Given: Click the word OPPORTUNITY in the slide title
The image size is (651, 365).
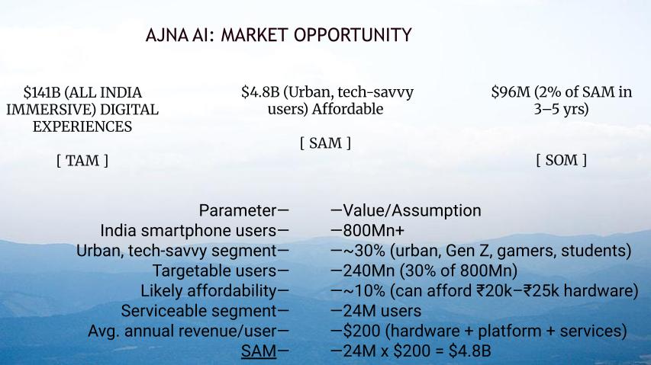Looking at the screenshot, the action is [353, 35].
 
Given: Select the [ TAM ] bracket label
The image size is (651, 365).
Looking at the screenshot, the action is [82, 160].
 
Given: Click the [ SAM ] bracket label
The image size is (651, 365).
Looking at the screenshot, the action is [325, 143].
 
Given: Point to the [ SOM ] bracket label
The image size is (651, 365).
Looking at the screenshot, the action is [561, 160].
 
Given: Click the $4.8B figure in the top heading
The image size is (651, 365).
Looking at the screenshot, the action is [260, 92].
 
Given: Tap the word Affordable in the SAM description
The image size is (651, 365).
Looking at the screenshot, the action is [347, 109].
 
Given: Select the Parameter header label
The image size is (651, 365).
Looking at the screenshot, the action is [237, 210].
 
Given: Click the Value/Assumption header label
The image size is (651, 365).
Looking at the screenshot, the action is [412, 210].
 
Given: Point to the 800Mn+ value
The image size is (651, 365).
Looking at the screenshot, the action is [374, 230].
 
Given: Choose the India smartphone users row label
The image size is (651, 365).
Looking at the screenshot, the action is [189, 230].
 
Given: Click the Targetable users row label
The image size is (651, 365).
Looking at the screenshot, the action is [214, 271].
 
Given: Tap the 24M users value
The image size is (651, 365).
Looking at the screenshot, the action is [382, 311].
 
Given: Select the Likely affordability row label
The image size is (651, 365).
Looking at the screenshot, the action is [208, 291].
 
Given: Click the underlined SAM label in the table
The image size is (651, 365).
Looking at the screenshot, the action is [259, 351].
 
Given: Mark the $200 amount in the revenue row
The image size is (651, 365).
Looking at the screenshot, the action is [362, 331].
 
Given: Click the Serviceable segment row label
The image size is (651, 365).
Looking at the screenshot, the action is [199, 311].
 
